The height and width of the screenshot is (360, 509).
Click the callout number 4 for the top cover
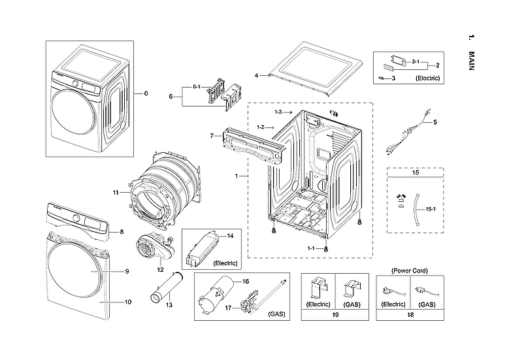click(257, 74)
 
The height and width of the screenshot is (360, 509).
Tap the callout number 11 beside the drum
click(115, 192)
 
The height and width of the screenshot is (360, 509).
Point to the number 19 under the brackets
click(335, 314)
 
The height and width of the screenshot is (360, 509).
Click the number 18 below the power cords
click(410, 314)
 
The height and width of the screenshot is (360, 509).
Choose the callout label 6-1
click(196, 87)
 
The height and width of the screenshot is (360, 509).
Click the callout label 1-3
click(278, 112)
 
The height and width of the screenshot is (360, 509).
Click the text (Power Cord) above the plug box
click(410, 270)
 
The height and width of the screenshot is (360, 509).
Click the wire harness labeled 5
click(404, 134)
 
